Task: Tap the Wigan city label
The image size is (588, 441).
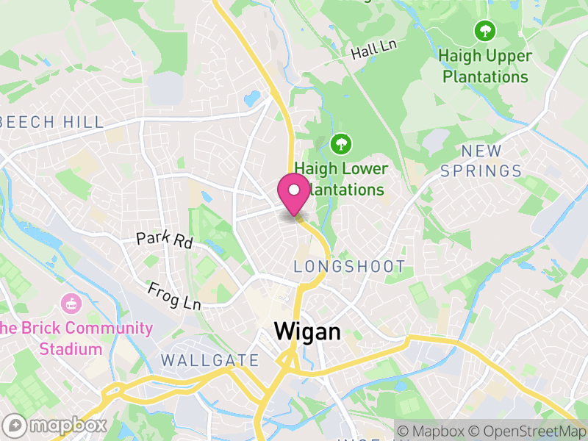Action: (307, 331)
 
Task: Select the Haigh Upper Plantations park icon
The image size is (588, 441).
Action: (484, 31)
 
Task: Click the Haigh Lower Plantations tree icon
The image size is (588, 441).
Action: (340, 143)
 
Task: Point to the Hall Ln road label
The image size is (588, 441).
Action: (373, 50)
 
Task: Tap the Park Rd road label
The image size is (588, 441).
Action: (164, 240)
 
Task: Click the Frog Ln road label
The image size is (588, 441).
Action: (173, 295)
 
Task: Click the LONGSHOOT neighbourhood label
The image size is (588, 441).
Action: (349, 267)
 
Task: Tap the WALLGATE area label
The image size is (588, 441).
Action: (209, 361)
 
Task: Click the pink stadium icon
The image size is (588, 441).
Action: (71, 302)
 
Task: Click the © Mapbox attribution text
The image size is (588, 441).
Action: (433, 431)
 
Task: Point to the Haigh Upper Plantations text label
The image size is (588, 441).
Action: (483, 65)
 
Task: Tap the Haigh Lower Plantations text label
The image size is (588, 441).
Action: (340, 179)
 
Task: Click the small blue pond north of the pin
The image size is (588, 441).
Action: (252, 97)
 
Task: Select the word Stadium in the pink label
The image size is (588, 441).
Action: (71, 348)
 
